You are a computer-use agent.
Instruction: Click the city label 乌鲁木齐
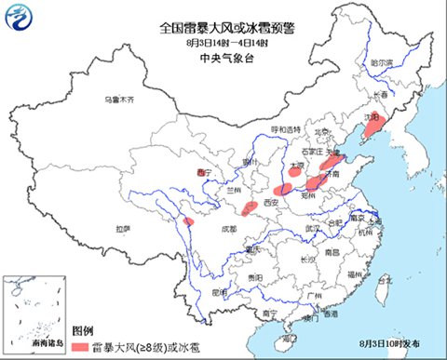pyautogui.click(x=119, y=99)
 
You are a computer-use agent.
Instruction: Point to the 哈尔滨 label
pyautogui.click(x=383, y=62)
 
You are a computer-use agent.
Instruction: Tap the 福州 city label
pyautogui.click(x=353, y=275)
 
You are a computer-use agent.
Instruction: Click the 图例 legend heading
pyautogui.click(x=82, y=330)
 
